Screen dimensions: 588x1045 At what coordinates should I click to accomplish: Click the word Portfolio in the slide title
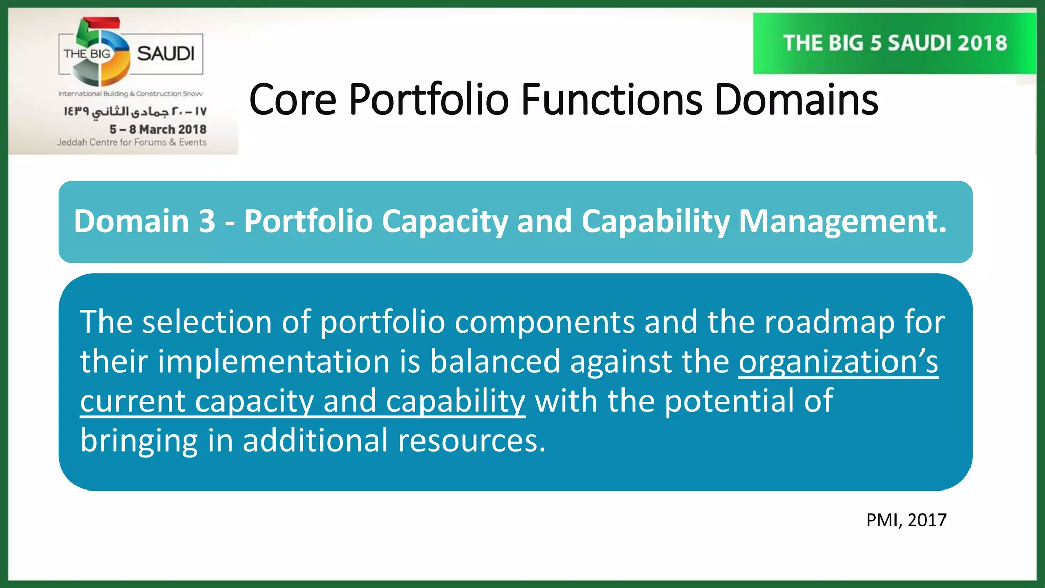pos(428,100)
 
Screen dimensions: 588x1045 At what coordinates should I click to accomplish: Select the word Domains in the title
pos(796,100)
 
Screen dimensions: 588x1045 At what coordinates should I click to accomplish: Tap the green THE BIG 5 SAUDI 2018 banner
pos(894,43)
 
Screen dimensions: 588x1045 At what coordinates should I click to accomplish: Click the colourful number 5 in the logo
pos(99,51)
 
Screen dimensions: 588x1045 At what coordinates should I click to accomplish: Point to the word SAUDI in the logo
pos(166,54)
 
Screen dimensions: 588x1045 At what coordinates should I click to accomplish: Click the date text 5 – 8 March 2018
pos(158,129)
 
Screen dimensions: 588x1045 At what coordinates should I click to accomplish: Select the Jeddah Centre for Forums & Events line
pos(132,142)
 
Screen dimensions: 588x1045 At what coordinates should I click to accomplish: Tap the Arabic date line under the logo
pos(135,111)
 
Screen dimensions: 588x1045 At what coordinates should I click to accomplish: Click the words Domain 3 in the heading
pos(144,222)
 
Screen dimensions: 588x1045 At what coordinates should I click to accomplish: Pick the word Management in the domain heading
pos(842,222)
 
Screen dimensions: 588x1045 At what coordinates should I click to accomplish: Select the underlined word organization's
pos(838,362)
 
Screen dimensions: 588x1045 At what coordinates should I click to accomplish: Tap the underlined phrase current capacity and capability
pos(302,401)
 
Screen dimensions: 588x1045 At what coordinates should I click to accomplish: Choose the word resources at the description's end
pos(470,440)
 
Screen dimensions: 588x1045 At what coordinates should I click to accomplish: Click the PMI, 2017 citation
pos(906,520)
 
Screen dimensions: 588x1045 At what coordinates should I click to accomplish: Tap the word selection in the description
pos(207,323)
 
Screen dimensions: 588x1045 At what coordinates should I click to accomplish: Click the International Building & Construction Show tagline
pos(130,94)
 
